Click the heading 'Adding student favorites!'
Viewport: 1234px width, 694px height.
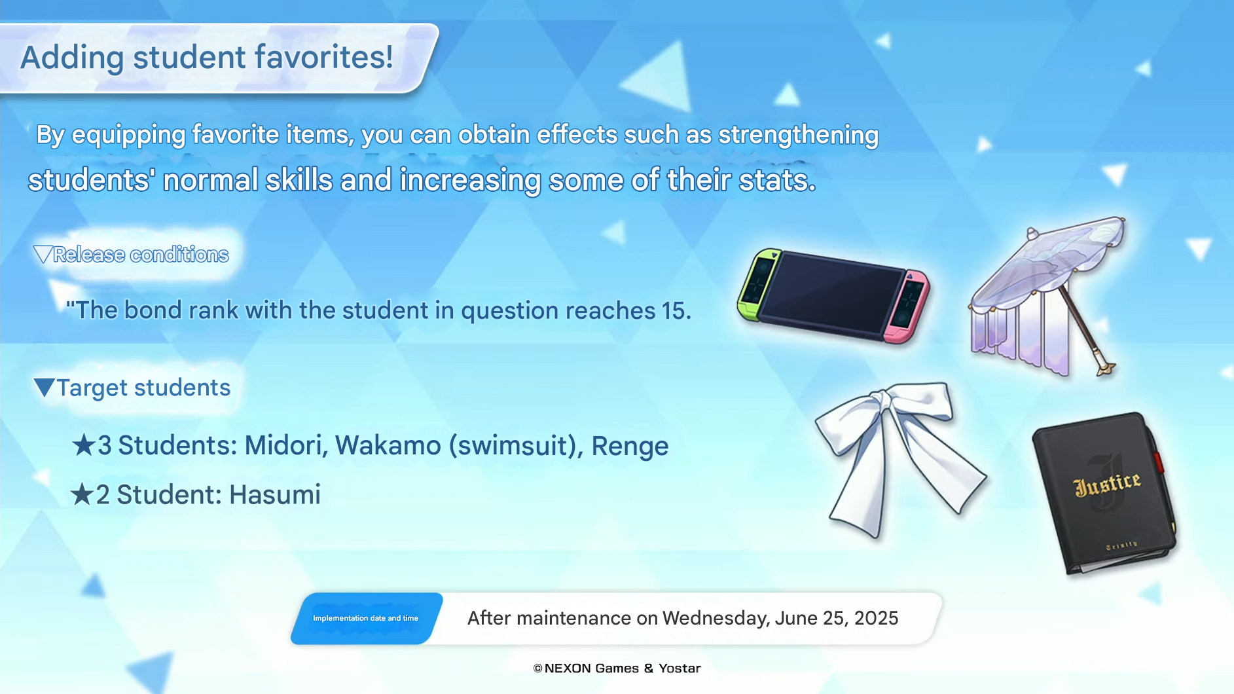point(207,58)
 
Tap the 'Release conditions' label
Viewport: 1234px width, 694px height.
point(141,254)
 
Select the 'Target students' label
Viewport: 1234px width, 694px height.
point(143,388)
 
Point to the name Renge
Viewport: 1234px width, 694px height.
point(630,447)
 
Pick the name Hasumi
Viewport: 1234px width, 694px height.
point(275,495)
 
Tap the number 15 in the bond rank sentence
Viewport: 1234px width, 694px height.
point(673,311)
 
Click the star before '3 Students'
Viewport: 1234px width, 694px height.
point(84,445)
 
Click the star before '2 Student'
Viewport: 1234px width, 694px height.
point(82,494)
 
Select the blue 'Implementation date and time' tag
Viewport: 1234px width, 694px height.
point(366,618)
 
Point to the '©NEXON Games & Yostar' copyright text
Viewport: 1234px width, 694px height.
point(617,668)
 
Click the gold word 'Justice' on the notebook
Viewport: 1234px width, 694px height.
point(1107,483)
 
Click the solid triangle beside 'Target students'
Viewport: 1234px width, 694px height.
point(45,387)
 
